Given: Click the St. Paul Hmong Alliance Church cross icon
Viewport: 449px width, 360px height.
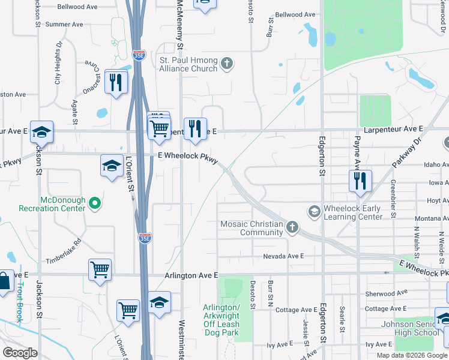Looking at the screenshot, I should pyautogui.click(x=226, y=63).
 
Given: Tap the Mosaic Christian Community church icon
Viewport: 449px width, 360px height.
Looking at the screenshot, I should pyautogui.click(x=292, y=227).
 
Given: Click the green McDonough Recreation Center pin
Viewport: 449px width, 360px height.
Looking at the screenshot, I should pyautogui.click(x=94, y=204).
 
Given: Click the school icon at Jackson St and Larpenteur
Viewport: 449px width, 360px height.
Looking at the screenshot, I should pyautogui.click(x=42, y=131).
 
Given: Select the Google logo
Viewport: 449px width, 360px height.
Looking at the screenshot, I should pyautogui.click(x=20, y=352).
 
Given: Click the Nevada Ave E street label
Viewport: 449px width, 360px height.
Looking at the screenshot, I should pyautogui.click(x=284, y=256).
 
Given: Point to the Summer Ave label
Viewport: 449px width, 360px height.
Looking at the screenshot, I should pyautogui.click(x=64, y=25).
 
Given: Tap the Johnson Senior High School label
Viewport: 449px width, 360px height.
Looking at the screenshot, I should pyautogui.click(x=410, y=329).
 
